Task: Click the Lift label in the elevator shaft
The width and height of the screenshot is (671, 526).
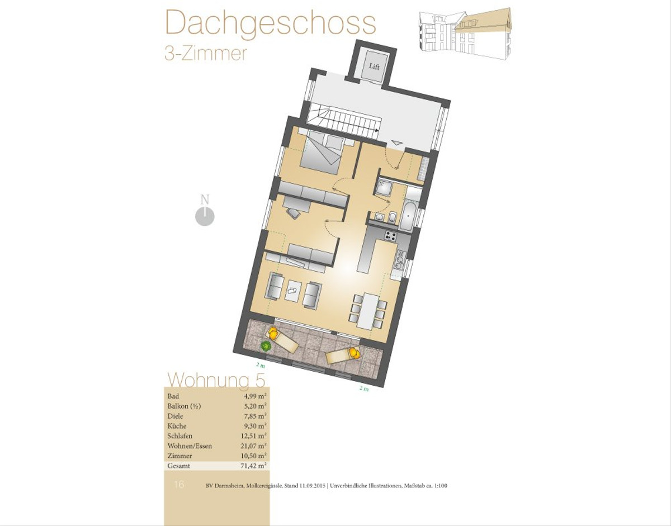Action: [374, 67]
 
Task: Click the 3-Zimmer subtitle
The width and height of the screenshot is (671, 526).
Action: [206, 54]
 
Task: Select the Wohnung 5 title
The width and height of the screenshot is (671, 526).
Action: [216, 380]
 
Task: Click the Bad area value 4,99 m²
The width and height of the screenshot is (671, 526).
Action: [253, 396]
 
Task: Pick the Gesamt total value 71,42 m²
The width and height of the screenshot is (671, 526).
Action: [253, 466]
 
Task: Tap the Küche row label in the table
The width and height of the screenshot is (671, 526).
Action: [177, 426]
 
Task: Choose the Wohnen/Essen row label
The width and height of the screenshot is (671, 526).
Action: [190, 446]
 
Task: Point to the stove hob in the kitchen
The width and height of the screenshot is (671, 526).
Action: [390, 236]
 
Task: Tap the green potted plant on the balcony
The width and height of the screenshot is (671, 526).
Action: [266, 345]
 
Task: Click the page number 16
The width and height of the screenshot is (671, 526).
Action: [179, 484]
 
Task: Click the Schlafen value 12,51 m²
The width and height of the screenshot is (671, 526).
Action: [253, 436]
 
